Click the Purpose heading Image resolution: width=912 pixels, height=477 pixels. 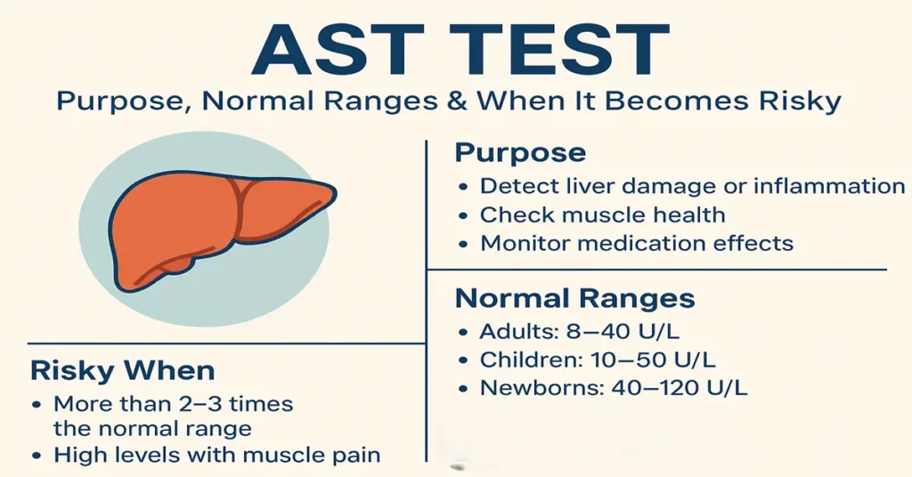click(520, 152)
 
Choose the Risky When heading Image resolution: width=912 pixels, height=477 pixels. click(122, 370)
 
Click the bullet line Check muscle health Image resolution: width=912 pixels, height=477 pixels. click(602, 214)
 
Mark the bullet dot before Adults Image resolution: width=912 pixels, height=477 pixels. click(462, 333)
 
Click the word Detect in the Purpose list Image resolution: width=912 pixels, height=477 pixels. click(513, 186)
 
